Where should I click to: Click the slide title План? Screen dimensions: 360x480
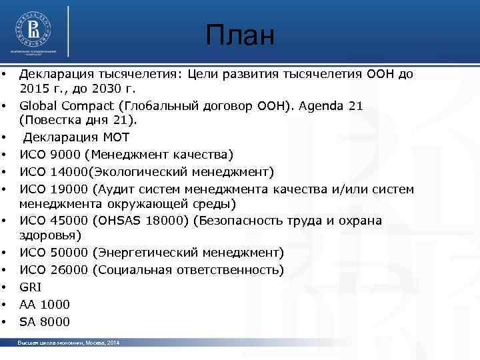(x=240, y=36)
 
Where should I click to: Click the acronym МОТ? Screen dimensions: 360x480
(x=101, y=138)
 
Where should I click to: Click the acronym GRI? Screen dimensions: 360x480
(x=31, y=287)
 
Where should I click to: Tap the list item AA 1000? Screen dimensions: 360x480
(x=44, y=305)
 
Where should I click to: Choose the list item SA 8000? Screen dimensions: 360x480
(x=44, y=322)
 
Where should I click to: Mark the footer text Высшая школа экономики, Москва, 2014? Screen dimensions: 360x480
(x=69, y=342)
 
